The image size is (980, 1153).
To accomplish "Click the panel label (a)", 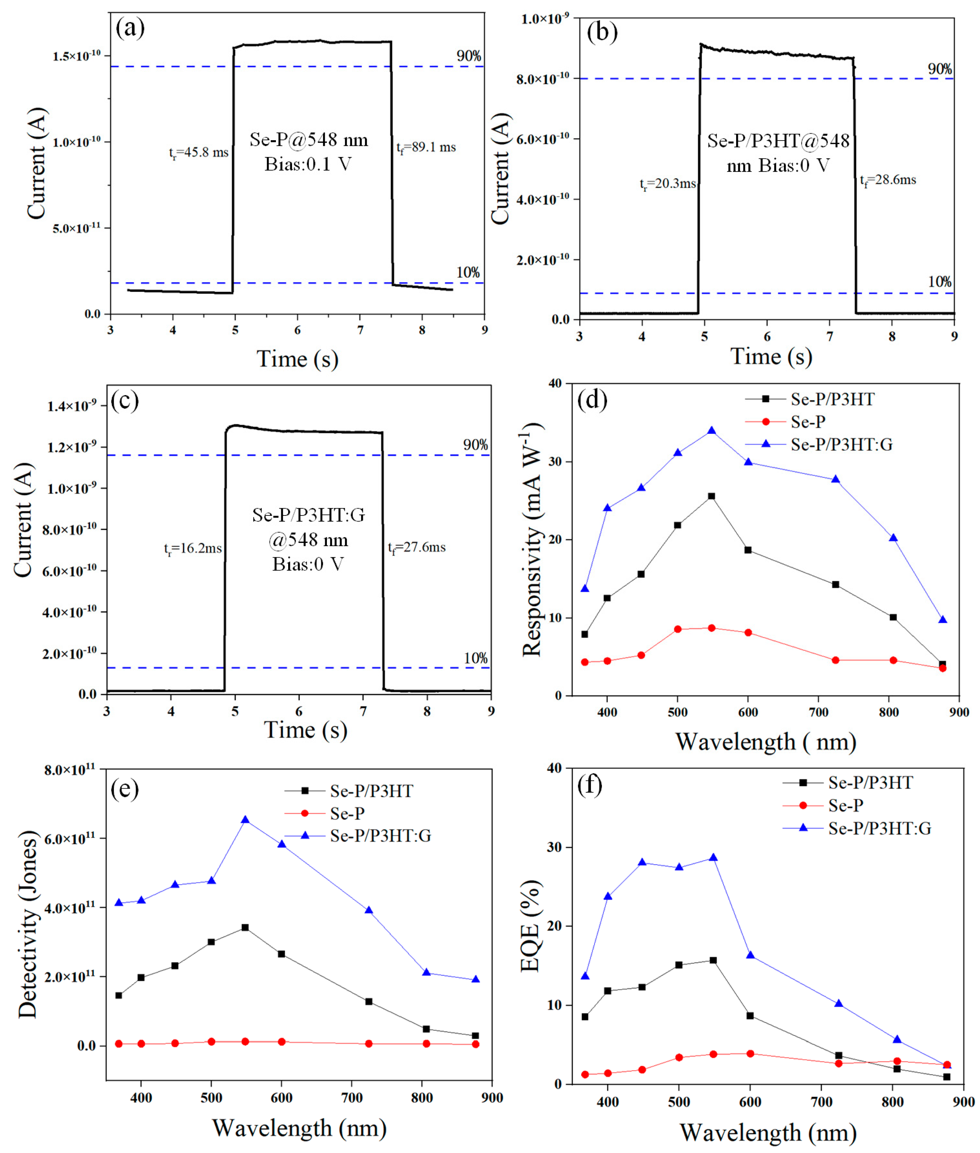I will pyautogui.click(x=130, y=28).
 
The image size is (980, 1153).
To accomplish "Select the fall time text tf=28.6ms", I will pyautogui.click(x=888, y=180).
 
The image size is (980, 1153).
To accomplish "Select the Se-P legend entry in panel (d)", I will pyautogui.click(x=808, y=422).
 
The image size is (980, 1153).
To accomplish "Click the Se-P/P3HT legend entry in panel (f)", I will pyautogui.click(x=870, y=783).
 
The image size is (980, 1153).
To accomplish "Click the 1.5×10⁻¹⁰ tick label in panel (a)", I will pyautogui.click(x=76, y=56).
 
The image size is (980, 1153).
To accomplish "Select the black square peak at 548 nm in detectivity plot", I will pyautogui.click(x=245, y=927).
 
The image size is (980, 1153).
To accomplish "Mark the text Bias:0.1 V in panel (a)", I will pyautogui.click(x=308, y=164).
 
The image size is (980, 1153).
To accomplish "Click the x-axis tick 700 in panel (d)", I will pyautogui.click(x=818, y=713).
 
